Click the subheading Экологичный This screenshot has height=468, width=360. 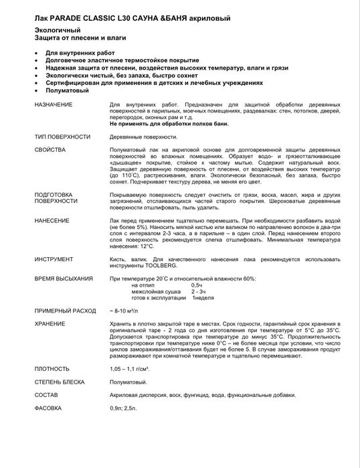(58, 31)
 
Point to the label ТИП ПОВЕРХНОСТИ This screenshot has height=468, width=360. (62, 137)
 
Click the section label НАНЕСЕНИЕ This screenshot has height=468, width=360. (53, 220)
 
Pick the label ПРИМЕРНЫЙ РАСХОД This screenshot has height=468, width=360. (65, 311)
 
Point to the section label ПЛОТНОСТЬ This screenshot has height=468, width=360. (52, 369)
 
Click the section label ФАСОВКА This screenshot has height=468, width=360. (48, 408)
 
